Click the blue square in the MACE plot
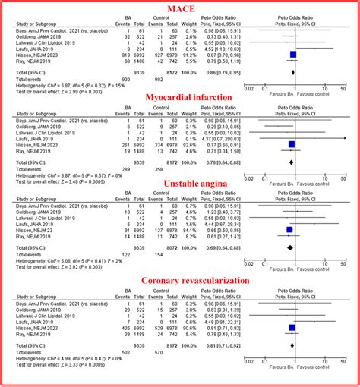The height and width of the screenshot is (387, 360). (x=293, y=55)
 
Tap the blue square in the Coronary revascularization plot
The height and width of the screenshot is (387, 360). (x=292, y=328)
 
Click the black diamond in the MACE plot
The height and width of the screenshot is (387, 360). (x=293, y=72)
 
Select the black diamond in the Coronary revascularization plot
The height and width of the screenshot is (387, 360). (x=292, y=345)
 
